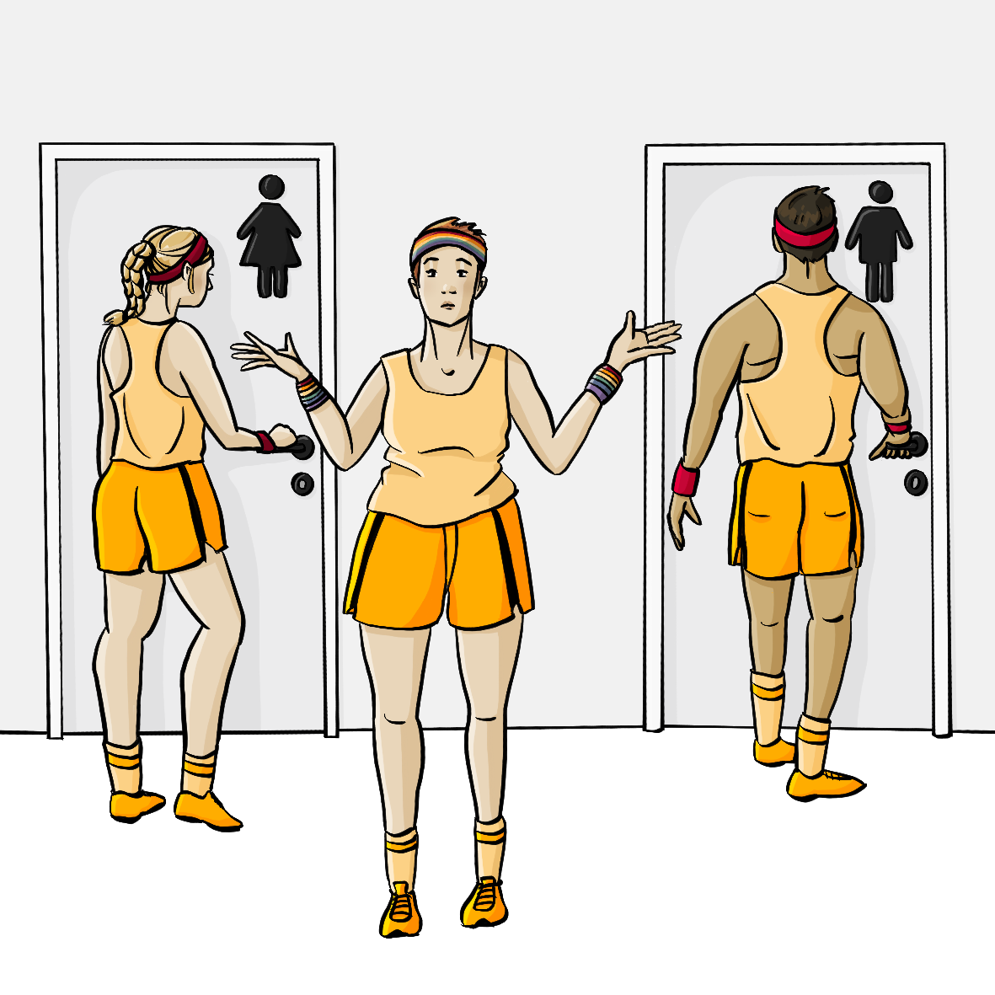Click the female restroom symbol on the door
[x=270, y=235]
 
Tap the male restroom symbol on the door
[x=879, y=241]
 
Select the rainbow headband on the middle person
[x=449, y=245]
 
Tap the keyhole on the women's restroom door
[x=302, y=484]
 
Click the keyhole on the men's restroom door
[x=916, y=483]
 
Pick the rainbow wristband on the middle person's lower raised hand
[x=310, y=393]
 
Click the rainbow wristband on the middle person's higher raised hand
[x=605, y=382]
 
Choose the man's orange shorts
[x=794, y=518]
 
